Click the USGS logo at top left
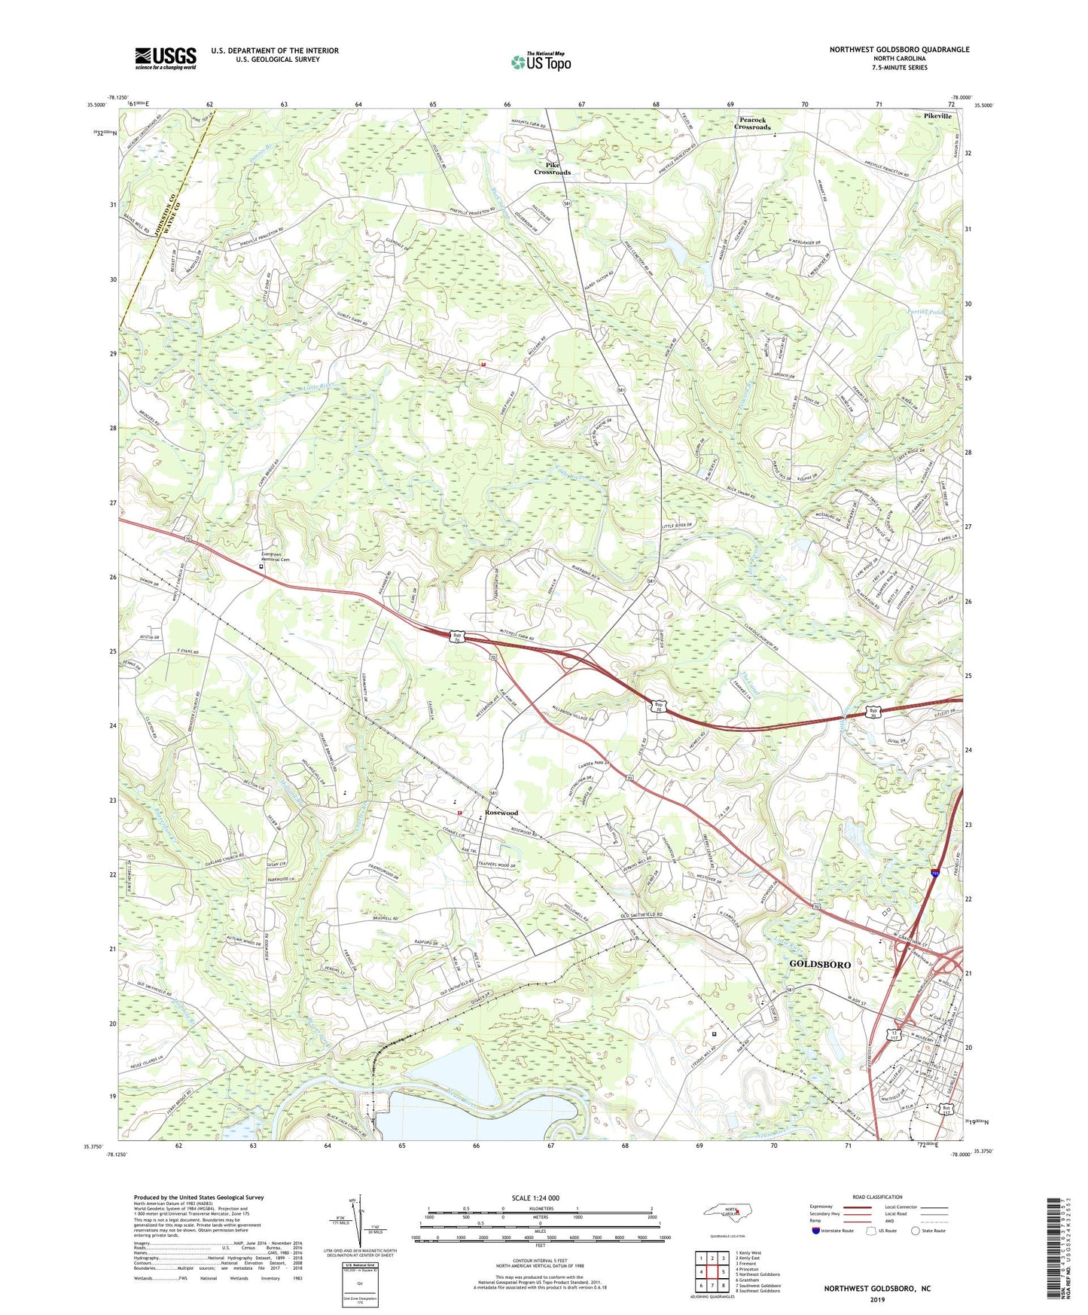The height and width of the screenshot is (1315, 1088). point(165,58)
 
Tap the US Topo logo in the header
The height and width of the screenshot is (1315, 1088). point(540,62)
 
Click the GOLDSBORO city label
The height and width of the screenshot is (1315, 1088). point(819,964)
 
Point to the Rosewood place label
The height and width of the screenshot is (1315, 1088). point(501,813)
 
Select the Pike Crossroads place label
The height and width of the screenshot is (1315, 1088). point(552,168)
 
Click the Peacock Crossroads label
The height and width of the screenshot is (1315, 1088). point(754,124)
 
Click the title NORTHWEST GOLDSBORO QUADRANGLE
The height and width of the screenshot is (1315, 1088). point(899,50)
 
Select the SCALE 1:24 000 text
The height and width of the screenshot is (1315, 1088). point(540,1198)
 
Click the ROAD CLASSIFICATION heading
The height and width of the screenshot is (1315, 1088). point(877,1197)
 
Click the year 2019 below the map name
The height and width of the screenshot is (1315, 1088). point(876,1299)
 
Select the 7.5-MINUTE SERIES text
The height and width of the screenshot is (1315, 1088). point(899,68)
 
